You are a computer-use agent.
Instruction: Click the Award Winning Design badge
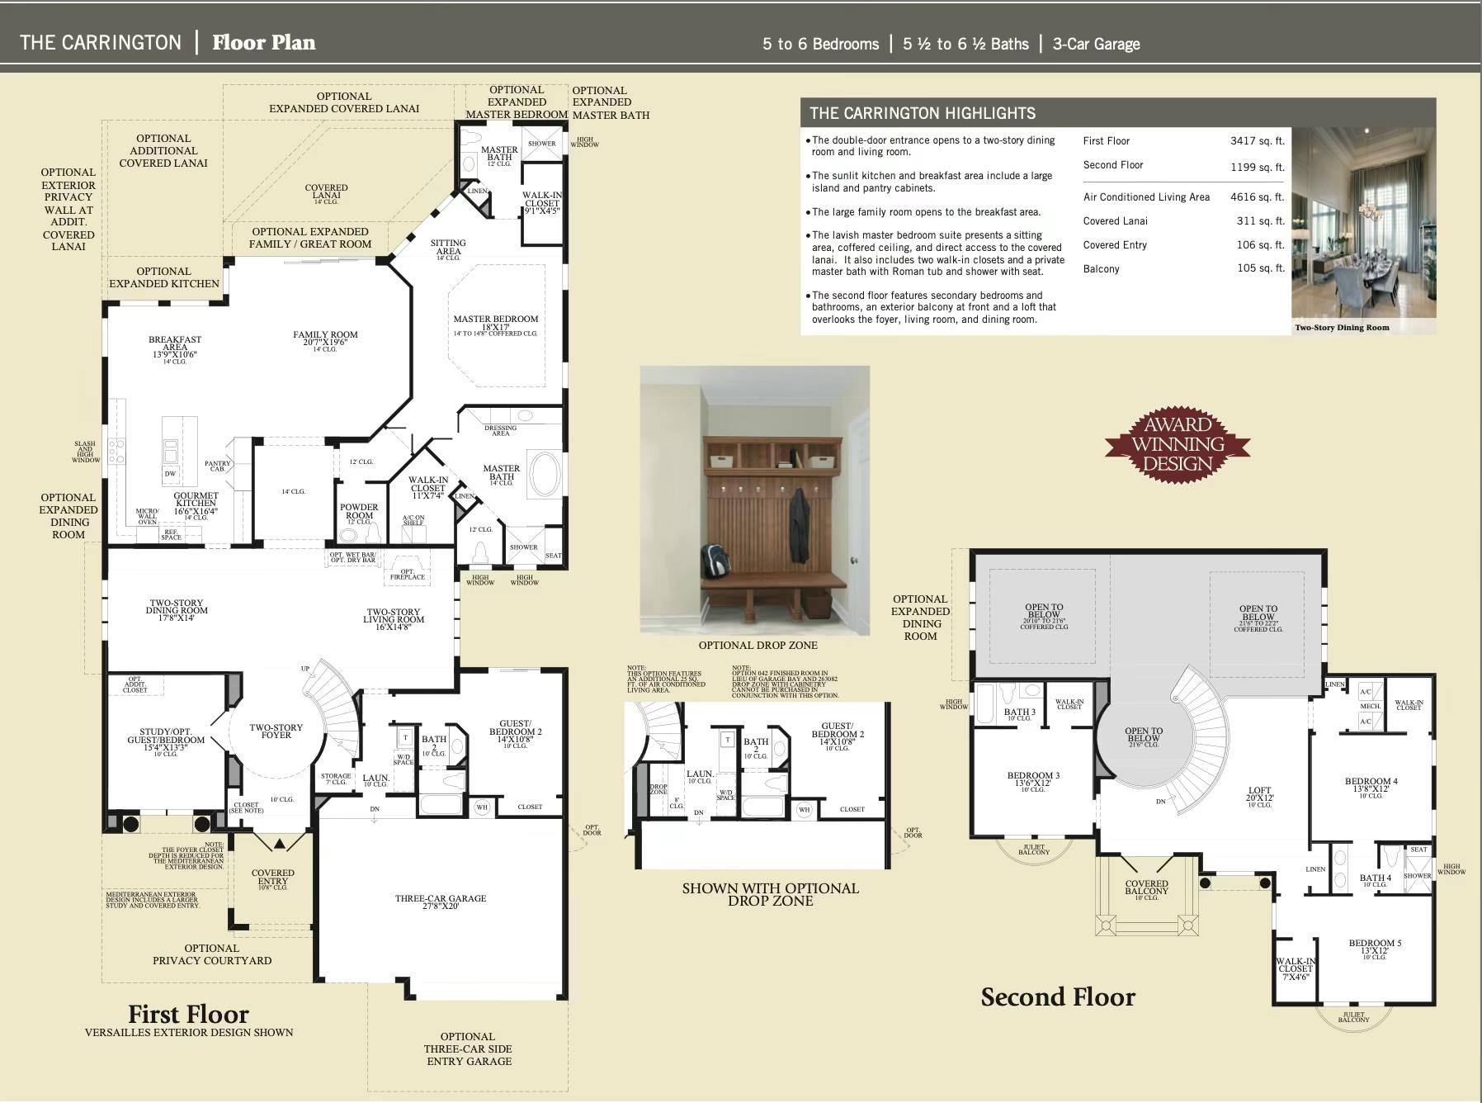[x=1178, y=445]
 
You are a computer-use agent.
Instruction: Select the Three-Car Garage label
[x=441, y=902]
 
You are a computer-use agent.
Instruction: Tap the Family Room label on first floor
[x=325, y=338]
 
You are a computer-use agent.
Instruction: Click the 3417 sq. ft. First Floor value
[x=1257, y=141]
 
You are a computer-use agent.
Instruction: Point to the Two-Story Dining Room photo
[x=1363, y=223]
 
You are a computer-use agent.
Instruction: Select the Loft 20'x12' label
[x=1259, y=794]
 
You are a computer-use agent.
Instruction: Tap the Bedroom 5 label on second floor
[x=1375, y=946]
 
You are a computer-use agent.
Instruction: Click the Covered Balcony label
[x=1146, y=888]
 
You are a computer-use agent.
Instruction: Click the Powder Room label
[x=359, y=511]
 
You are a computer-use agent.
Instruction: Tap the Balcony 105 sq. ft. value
[x=1260, y=268]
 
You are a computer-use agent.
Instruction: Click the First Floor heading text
[x=188, y=1014]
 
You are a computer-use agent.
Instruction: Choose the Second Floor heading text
[x=1057, y=997]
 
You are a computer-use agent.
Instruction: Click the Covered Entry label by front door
[x=272, y=877]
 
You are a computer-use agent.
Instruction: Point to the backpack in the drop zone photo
[x=715, y=561]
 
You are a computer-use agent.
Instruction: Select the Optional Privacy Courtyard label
[x=211, y=954]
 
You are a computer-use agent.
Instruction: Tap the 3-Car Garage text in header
[x=1096, y=45]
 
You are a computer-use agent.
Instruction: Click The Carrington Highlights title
[x=922, y=113]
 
